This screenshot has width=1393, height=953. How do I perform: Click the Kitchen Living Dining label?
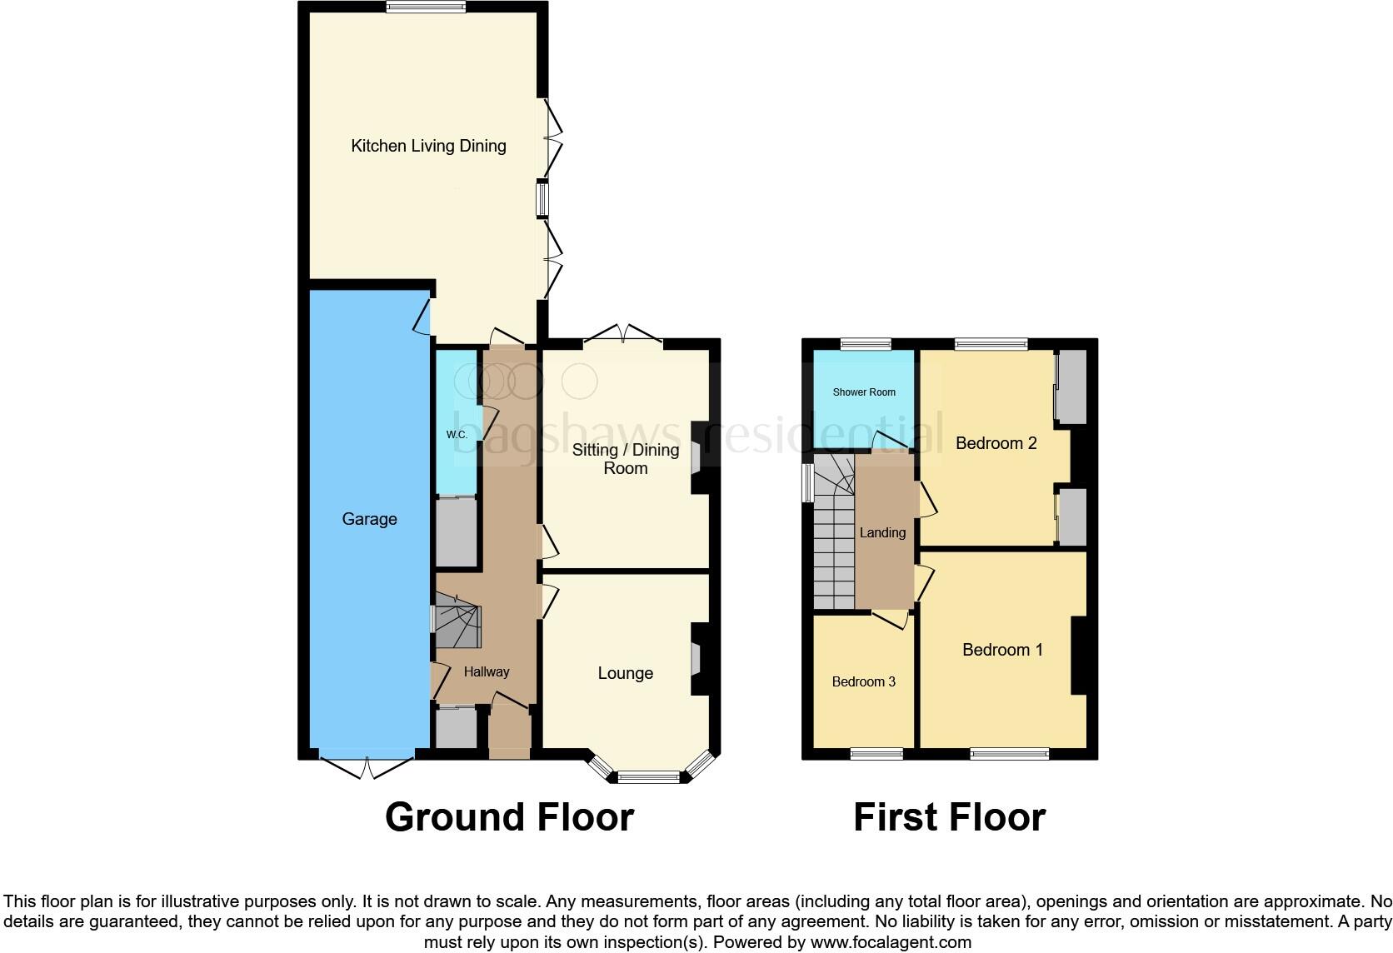coord(428,146)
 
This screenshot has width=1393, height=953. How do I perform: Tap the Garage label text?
coord(369,519)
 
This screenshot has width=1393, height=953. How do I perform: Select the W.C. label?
coord(457,435)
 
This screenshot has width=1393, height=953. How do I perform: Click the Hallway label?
coord(487,671)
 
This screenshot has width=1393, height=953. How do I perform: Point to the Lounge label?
coord(625,673)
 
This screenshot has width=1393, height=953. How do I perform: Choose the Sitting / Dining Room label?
coord(625,459)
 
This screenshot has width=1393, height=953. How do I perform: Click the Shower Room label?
coord(864,392)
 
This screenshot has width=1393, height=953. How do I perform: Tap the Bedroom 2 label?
coord(996,443)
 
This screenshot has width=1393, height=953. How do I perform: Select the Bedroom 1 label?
coord(1002,650)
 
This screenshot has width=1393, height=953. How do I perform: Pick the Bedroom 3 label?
coord(863,681)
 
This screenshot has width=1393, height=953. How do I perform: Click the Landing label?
coord(882,533)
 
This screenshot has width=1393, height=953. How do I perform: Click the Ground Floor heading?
coord(509,817)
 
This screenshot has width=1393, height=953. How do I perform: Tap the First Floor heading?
coord(949,817)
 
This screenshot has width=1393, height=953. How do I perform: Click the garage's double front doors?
coord(367,767)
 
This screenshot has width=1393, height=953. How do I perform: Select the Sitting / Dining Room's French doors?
coord(623,335)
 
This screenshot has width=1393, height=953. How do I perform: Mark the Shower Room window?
coord(866,343)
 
